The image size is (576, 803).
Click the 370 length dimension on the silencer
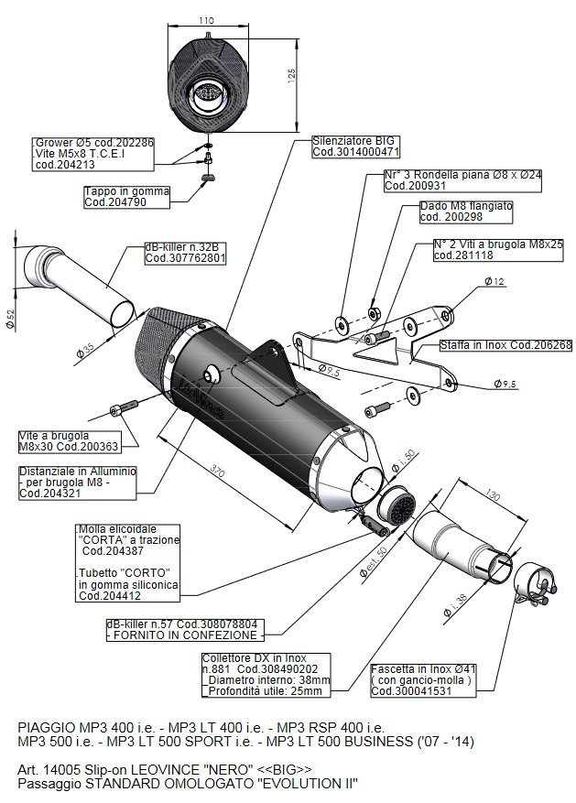point(217,472)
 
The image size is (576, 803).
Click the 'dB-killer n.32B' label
point(184,252)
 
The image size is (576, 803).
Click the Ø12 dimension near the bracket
point(494,281)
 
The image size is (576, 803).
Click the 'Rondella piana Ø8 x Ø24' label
point(462,179)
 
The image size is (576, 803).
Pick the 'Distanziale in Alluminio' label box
point(78,482)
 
